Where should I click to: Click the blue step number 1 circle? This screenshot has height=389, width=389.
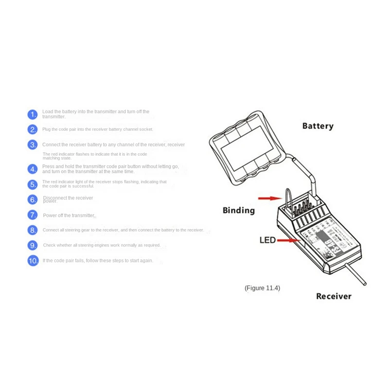pos(33,115)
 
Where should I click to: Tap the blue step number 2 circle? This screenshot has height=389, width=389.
pos(33,130)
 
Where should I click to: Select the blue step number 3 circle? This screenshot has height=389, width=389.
pos(33,145)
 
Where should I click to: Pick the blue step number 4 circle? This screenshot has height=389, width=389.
pos(33,169)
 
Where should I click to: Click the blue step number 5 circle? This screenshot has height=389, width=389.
pos(33,184)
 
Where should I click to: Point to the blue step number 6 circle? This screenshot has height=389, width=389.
pos(33,199)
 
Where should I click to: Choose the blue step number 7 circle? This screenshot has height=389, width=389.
pos(33,215)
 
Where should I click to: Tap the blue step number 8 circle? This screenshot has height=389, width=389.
pos(33,230)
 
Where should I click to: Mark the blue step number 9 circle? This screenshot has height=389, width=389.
pos(33,245)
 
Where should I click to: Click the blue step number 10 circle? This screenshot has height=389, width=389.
pos(33,261)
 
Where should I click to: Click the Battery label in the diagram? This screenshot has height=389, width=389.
pos(318,126)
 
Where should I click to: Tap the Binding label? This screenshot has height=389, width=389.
pos(238,211)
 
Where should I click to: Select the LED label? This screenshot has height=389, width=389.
pos(267,240)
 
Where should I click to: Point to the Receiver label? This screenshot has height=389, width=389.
pos(334,296)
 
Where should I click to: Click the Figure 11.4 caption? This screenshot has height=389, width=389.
pos(262,288)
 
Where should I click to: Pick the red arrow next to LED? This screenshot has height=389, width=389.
pos(289,240)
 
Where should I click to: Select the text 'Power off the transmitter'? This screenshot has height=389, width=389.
pos(69,215)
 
